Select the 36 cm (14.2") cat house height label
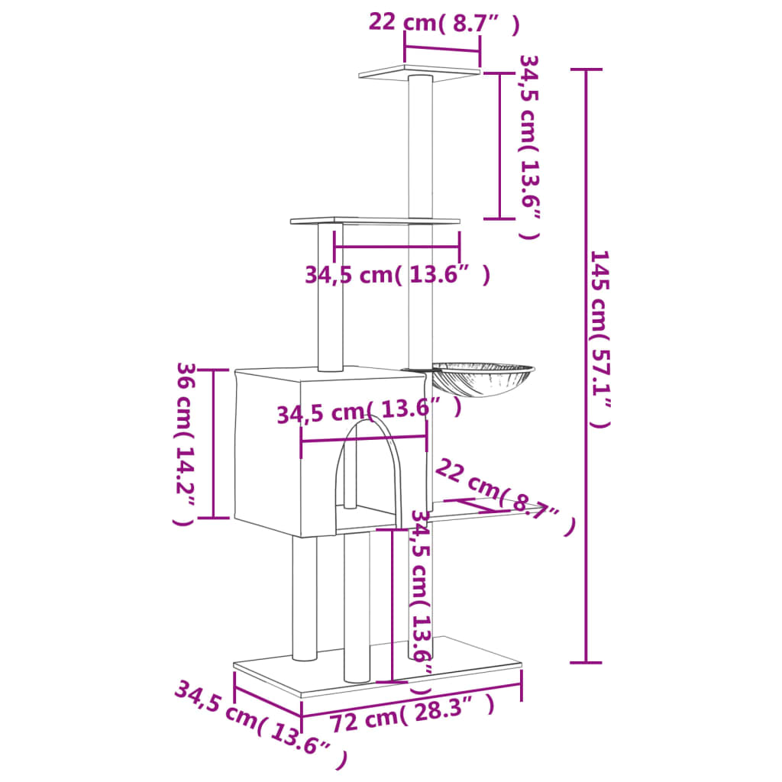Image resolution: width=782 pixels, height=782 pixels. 186,444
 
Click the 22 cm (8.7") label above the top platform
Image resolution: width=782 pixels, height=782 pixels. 443,23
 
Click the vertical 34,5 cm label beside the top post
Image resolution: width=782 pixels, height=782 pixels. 529,146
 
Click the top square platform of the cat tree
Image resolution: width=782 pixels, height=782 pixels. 418,73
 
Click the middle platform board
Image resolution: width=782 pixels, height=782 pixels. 374,221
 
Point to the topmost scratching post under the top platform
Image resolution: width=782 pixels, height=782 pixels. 421,145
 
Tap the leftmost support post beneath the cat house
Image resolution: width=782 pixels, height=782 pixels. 304,596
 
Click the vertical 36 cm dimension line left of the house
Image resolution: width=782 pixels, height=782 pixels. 213,444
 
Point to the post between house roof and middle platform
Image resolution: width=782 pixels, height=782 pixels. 331,298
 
